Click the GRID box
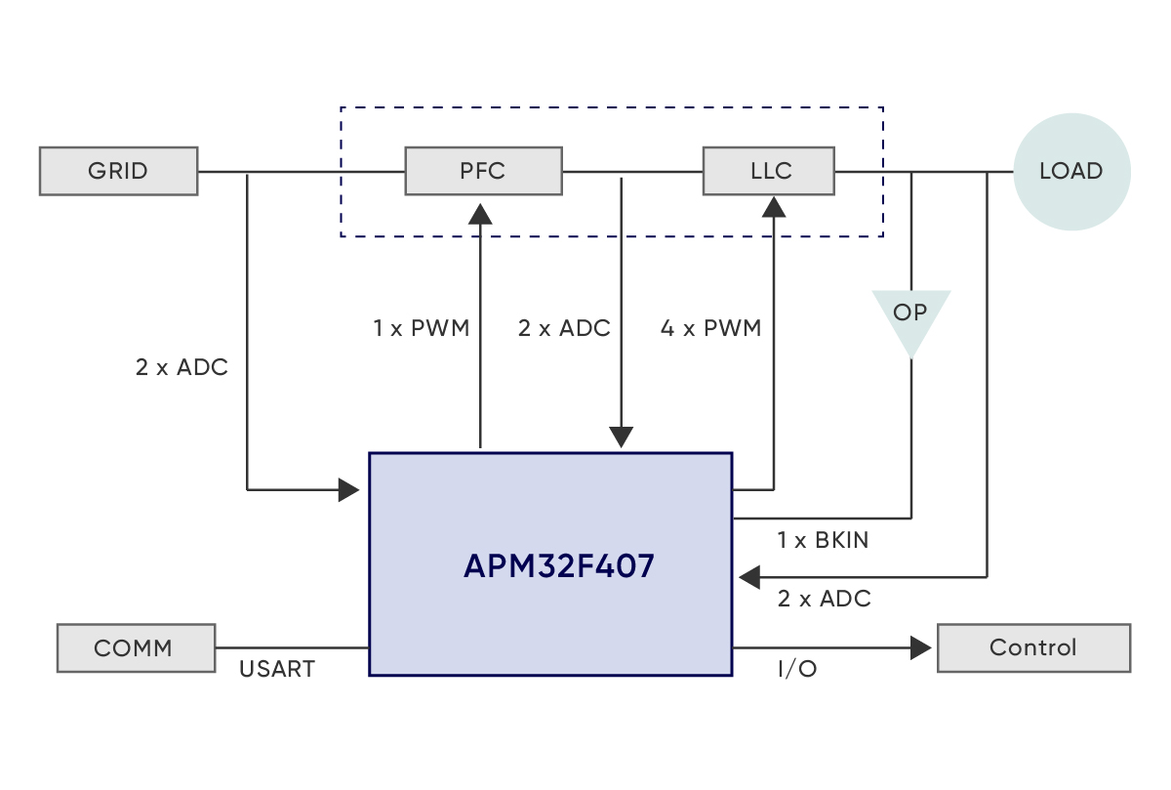tap(118, 171)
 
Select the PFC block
tap(483, 171)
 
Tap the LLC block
tap(769, 171)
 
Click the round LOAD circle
tap(1071, 171)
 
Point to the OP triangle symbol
tap(910, 317)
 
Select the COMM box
tap(136, 647)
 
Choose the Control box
tap(1033, 647)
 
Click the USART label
tap(277, 670)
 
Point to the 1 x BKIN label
tap(822, 539)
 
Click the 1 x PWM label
tap(421, 328)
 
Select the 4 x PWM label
tap(710, 328)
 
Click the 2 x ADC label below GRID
tap(182, 368)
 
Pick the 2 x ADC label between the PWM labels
tap(564, 328)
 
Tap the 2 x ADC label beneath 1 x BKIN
tap(824, 599)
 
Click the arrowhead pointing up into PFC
tap(480, 212)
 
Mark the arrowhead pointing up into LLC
tap(774, 206)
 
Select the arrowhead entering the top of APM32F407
tap(622, 437)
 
